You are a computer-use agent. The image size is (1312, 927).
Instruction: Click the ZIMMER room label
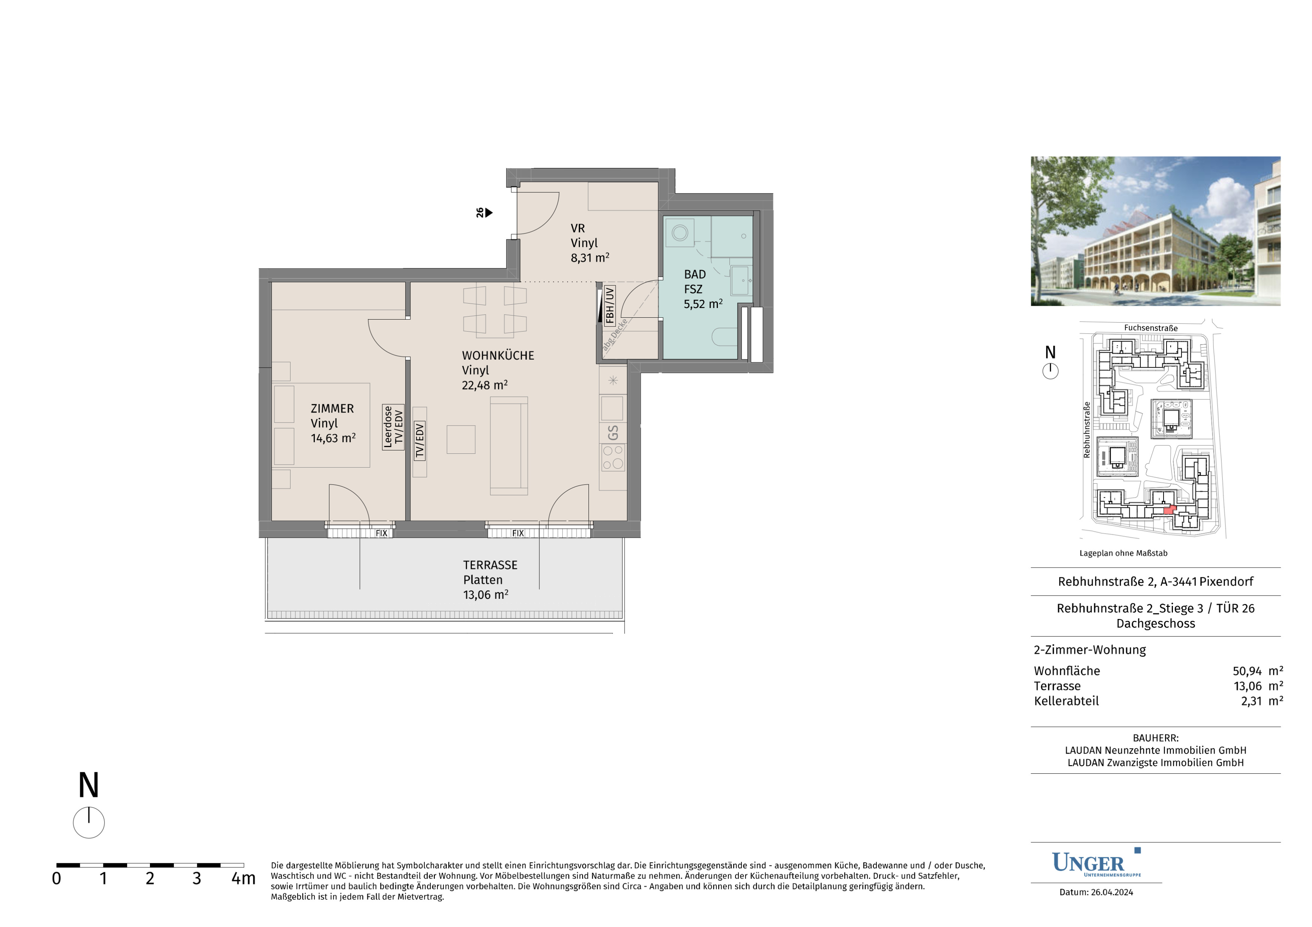(x=332, y=408)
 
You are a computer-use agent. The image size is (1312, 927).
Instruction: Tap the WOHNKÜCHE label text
(x=498, y=355)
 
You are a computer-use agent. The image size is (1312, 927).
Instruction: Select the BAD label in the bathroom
(x=695, y=274)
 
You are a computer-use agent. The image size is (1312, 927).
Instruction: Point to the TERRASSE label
(x=490, y=565)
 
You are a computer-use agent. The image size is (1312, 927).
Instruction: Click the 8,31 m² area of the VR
(x=590, y=257)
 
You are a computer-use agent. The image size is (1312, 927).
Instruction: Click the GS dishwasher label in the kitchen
(x=613, y=433)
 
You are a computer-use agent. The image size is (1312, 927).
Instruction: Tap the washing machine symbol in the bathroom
(x=679, y=232)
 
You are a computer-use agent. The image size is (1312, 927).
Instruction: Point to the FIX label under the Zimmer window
(x=381, y=533)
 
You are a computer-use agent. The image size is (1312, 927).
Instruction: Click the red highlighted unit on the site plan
(x=1169, y=510)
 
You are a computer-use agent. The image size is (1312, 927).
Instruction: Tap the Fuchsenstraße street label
(x=1151, y=328)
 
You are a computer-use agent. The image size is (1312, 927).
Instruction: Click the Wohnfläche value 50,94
(x=1247, y=671)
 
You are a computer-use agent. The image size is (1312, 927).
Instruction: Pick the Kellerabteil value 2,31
(x=1251, y=701)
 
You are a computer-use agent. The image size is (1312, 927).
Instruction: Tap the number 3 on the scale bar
(x=196, y=878)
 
